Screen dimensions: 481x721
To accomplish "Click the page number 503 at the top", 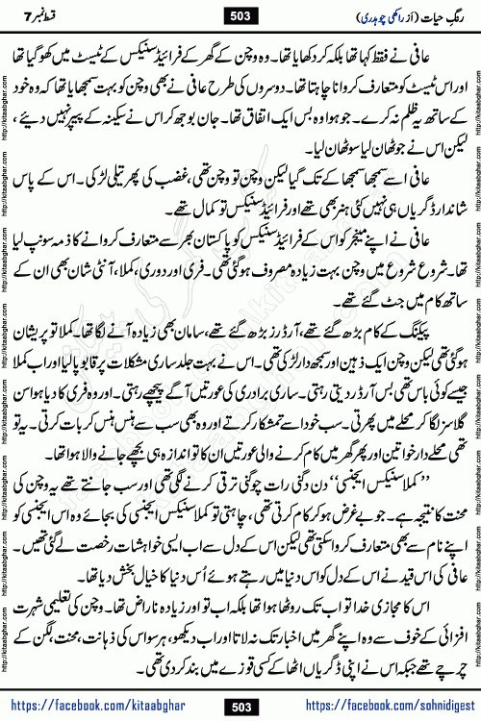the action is click(240, 15).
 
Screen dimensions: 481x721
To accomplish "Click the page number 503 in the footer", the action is click(240, 708).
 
